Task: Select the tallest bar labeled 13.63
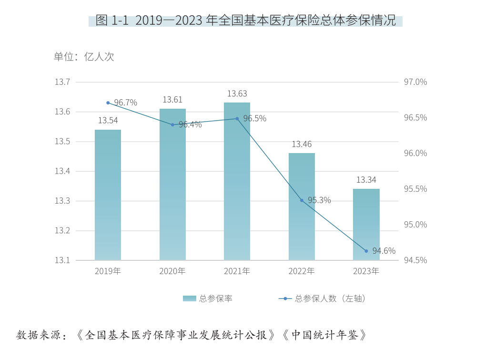click(x=237, y=181)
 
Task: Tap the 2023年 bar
click(x=366, y=224)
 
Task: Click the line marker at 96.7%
click(x=108, y=103)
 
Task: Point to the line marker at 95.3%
click(x=302, y=200)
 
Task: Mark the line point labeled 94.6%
click(x=366, y=251)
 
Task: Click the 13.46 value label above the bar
click(x=302, y=144)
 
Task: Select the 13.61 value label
click(x=172, y=100)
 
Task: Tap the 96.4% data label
click(x=190, y=124)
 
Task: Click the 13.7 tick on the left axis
click(x=62, y=82)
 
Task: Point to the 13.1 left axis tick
click(x=62, y=260)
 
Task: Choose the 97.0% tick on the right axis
click(x=415, y=82)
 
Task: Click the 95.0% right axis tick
click(x=415, y=225)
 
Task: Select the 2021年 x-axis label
click(x=237, y=271)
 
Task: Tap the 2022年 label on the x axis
click(x=302, y=271)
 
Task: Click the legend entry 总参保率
click(x=208, y=298)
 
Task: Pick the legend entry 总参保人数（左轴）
click(x=324, y=298)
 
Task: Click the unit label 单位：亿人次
click(x=84, y=57)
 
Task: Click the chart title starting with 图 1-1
click(x=245, y=21)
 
